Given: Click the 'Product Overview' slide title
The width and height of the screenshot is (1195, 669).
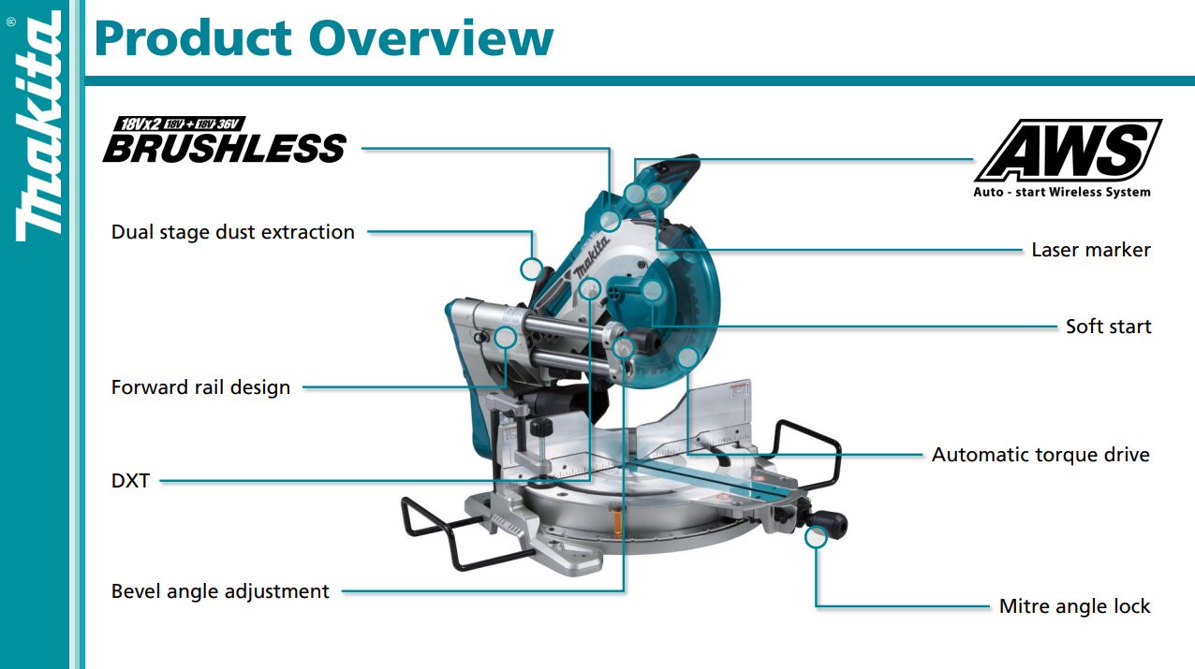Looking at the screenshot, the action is (324, 37).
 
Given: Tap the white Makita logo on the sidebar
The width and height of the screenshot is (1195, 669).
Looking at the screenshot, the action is (37, 126).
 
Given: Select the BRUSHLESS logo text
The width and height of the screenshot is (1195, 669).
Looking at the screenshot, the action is (225, 148).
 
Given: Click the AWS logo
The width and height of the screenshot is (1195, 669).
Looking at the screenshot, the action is (1068, 150).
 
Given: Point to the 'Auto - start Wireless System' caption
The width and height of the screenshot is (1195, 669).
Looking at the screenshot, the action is (1062, 192).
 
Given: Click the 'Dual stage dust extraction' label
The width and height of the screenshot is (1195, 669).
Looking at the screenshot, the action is (232, 232).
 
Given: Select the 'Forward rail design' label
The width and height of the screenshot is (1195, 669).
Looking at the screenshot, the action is (200, 387).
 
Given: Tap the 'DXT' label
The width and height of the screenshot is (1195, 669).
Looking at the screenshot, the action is (130, 481).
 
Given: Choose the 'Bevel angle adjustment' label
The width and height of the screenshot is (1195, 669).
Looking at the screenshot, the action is (220, 591).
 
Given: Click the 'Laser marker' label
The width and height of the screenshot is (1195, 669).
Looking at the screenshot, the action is (1091, 250).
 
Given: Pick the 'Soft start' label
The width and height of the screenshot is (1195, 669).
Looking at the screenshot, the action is (1109, 327).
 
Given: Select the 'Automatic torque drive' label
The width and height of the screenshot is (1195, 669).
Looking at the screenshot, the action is (1040, 455).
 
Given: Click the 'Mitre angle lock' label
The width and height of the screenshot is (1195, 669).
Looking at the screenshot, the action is (1074, 606).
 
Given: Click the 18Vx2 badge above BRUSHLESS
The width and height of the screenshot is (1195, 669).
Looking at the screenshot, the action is (179, 124).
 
